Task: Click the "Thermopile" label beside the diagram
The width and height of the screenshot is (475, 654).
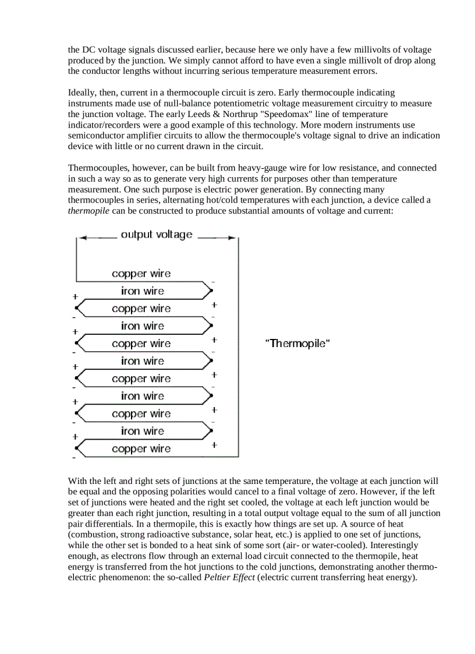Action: coord(297,344)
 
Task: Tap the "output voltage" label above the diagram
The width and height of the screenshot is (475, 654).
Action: coord(156,235)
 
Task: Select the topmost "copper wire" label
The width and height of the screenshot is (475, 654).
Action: coord(141,274)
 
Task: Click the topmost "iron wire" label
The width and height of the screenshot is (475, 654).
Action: coord(143,291)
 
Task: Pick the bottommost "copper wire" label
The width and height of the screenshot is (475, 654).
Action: coord(141,449)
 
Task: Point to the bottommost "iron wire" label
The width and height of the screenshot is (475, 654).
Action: coord(143,432)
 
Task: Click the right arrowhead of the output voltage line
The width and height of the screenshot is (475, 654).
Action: coord(233,238)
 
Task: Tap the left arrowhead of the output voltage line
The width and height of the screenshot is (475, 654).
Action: coord(83,238)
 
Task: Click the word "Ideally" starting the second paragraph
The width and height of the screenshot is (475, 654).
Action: coord(83,93)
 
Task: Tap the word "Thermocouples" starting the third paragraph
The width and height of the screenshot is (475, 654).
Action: coord(96,168)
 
